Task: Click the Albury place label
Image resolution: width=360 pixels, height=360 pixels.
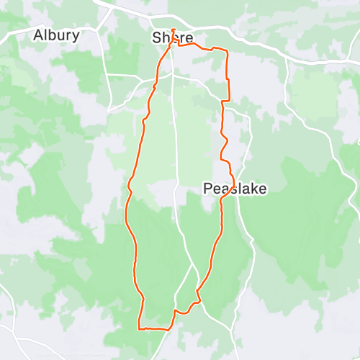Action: (56, 35)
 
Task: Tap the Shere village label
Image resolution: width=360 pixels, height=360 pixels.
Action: (173, 37)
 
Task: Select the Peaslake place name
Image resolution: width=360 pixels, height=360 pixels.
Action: (235, 189)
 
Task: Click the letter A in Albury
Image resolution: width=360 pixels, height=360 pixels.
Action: (39, 35)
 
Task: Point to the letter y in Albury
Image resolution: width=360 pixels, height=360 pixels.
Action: (76, 36)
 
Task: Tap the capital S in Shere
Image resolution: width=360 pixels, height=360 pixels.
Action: (156, 37)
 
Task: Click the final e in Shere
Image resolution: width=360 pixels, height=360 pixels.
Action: (189, 38)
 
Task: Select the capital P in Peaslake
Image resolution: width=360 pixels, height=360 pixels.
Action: (207, 189)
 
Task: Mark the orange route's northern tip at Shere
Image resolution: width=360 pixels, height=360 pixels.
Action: (173, 30)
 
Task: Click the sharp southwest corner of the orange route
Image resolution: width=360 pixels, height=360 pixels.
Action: (138, 328)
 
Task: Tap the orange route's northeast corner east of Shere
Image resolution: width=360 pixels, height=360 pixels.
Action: (226, 51)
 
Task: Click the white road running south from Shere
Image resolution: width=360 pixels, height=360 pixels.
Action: (175, 144)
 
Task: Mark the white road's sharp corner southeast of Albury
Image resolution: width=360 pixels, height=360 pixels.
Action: (109, 109)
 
